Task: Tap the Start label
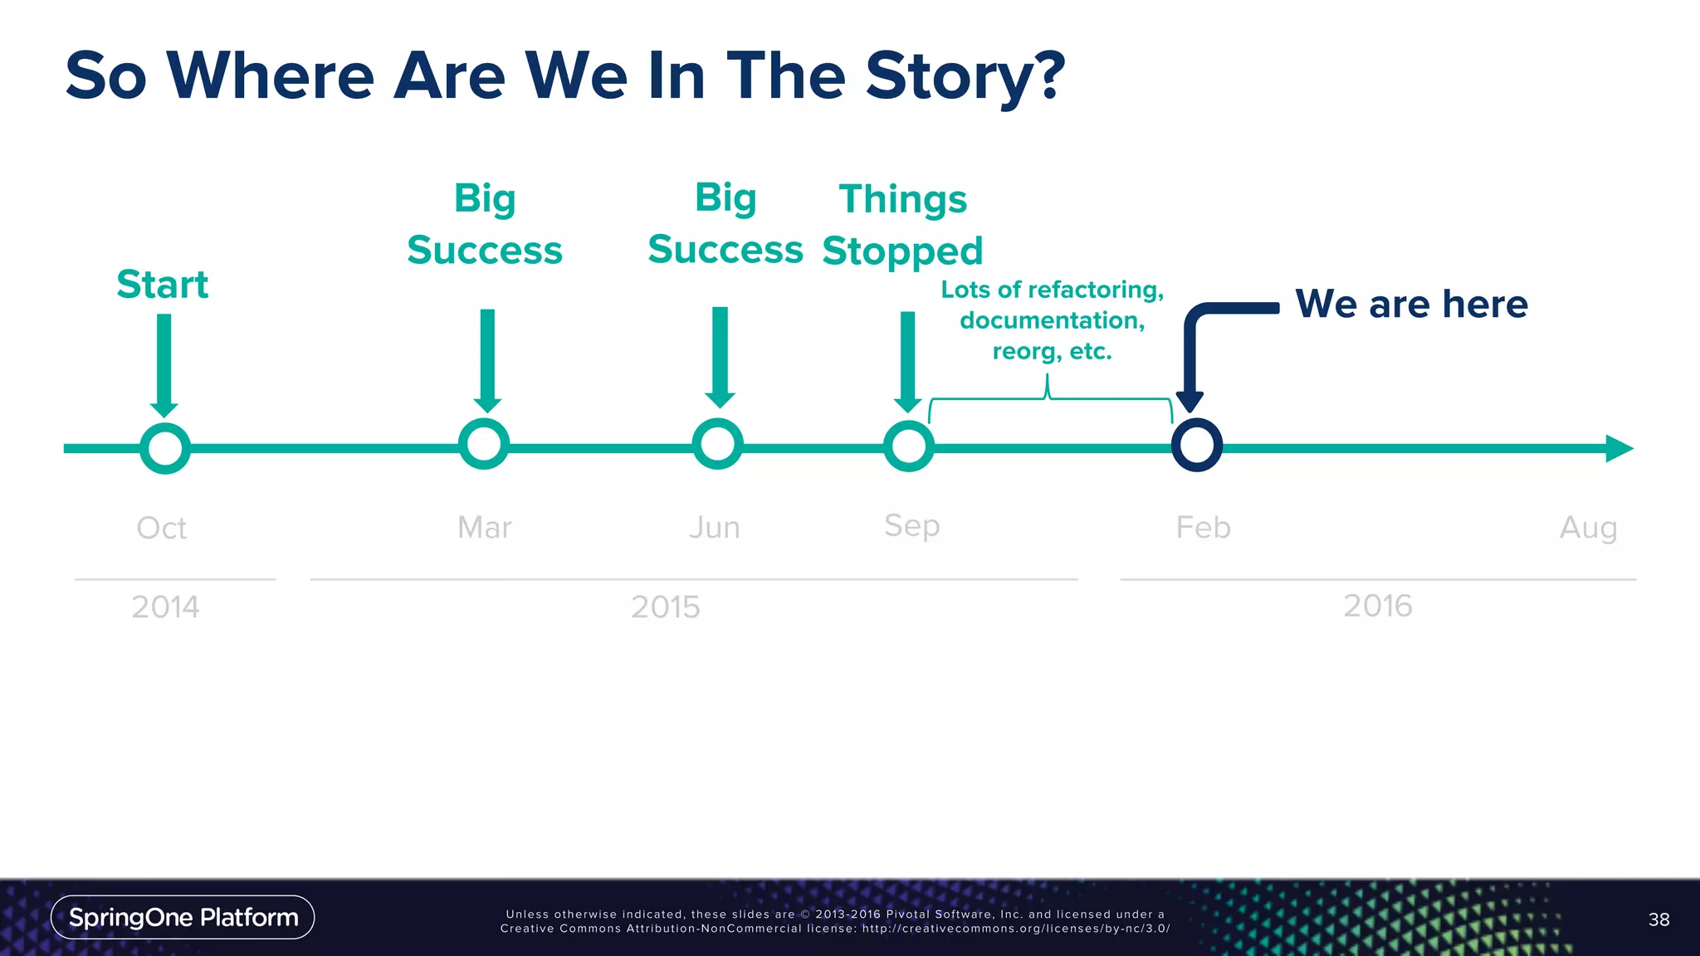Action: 162,285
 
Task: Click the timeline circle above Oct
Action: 165,448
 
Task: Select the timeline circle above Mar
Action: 484,444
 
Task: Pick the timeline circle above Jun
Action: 717,444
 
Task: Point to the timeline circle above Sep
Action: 909,446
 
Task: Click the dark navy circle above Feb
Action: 1196,446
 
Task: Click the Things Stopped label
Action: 902,225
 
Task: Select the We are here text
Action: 1411,304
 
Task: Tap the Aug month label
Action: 1588,528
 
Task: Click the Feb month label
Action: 1203,528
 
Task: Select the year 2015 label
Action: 665,607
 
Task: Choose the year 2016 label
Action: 1377,606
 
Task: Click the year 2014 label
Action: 165,607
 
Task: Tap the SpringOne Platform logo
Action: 183,917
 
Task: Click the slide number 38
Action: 1658,919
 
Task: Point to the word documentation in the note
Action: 1052,320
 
